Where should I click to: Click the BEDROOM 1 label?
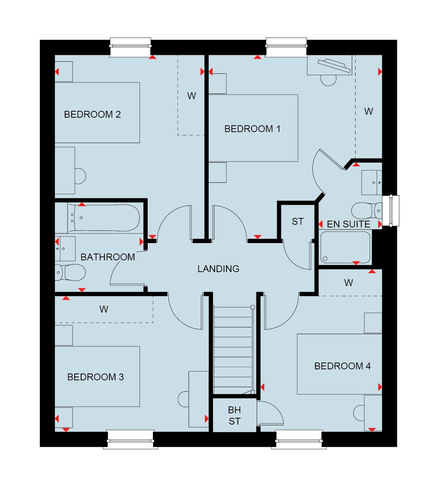tap(253, 129)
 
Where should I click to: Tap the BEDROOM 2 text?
tap(92, 114)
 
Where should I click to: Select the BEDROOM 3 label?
tap(95, 377)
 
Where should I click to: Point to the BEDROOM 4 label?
tap(342, 366)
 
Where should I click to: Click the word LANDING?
tap(218, 269)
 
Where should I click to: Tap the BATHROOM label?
tap(108, 257)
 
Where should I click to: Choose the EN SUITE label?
tap(348, 224)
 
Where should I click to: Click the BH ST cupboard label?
tap(235, 415)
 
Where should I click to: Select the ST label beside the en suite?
tap(298, 222)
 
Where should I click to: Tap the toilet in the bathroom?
tap(70, 272)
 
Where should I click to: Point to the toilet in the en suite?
tap(367, 210)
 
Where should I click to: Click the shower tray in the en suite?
tap(345, 247)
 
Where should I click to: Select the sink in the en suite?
tap(372, 182)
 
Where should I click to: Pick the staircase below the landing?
tap(233, 351)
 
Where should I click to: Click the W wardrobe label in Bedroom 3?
tap(104, 309)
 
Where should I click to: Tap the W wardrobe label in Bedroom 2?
tap(192, 96)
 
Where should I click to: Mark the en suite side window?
tap(391, 210)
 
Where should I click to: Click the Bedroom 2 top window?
tap(130, 47)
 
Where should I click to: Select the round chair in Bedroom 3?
tap(183, 399)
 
